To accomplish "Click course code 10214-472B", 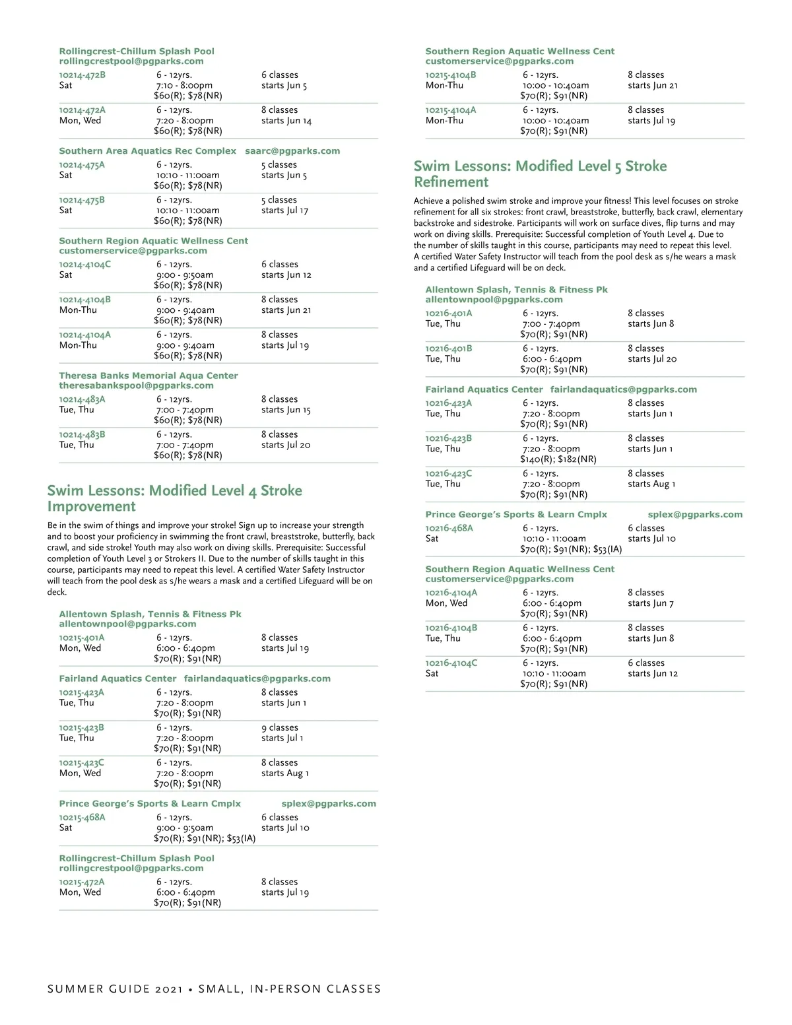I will coord(82,75).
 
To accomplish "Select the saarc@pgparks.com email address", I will coord(292,151).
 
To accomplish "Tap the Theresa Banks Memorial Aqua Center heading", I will coord(148,376).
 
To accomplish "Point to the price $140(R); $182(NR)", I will coord(558,459).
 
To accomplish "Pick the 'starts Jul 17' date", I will coord(284,211).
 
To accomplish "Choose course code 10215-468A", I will coord(82,817).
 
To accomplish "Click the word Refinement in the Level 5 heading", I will coord(451,182).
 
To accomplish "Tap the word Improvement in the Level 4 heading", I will coord(91,507).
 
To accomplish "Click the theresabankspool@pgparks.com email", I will coord(136,385).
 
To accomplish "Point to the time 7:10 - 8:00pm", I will coord(184,86).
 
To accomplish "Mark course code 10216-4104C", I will coord(451,663).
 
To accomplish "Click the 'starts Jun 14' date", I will coord(286,121).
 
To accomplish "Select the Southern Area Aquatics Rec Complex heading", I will coord(147,151).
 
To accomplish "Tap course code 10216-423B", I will coord(448,438).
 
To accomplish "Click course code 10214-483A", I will coord(82,399).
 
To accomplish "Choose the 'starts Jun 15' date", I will coord(285,410).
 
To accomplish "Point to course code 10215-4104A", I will coord(450,110).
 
